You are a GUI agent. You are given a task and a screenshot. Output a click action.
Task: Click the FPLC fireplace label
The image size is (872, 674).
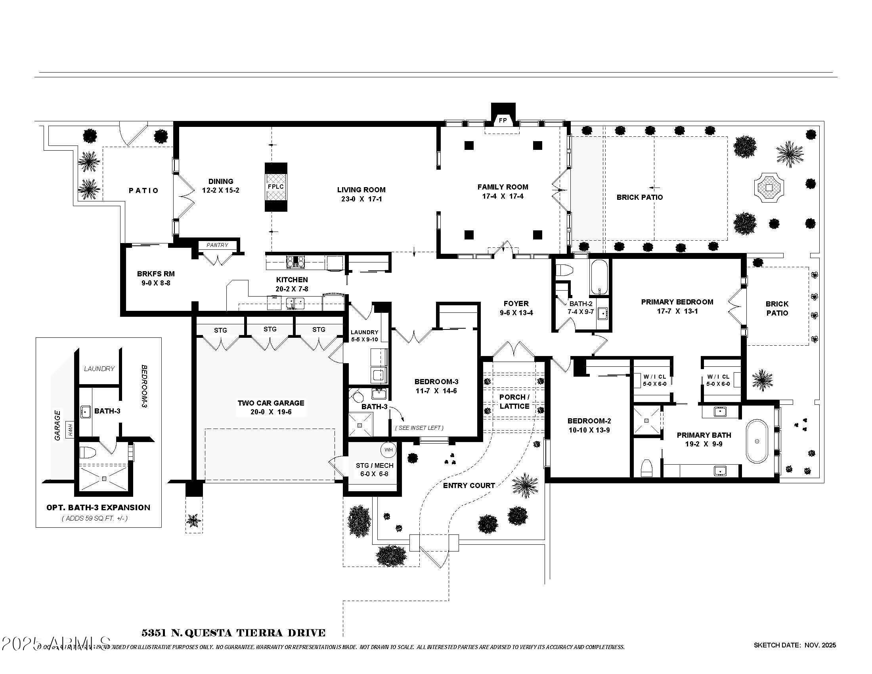[x=276, y=186]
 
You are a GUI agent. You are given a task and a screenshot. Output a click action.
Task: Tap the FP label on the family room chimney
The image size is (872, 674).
[x=503, y=120]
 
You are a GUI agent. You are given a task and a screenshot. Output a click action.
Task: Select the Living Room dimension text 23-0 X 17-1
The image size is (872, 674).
[x=361, y=199]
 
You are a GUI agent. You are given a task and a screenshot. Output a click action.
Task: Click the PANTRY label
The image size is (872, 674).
[x=217, y=245]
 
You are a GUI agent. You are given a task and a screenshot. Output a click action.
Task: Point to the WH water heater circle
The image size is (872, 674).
[x=388, y=450]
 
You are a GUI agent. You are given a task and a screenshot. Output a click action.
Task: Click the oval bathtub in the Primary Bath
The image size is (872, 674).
[x=757, y=441]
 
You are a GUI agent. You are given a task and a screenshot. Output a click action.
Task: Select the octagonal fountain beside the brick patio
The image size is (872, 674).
[x=769, y=187]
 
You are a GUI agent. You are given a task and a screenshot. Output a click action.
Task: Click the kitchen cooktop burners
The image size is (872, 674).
[x=295, y=262]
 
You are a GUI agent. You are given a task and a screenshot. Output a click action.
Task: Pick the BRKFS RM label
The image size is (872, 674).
[x=156, y=274]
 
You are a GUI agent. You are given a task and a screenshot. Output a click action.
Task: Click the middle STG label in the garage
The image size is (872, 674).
[x=270, y=329]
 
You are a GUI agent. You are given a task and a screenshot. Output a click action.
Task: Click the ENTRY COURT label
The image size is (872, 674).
[x=469, y=486]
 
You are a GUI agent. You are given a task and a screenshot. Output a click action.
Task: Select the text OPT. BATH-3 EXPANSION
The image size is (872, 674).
[x=98, y=507]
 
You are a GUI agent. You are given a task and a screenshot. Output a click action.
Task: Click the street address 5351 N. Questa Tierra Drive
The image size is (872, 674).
[x=233, y=633]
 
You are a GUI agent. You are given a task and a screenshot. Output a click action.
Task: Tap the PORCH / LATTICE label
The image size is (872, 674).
[x=514, y=402]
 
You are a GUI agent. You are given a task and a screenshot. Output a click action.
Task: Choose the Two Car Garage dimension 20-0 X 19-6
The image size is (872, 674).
[x=271, y=412]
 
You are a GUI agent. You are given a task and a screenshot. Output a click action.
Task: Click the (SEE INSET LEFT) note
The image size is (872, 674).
[x=419, y=428]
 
